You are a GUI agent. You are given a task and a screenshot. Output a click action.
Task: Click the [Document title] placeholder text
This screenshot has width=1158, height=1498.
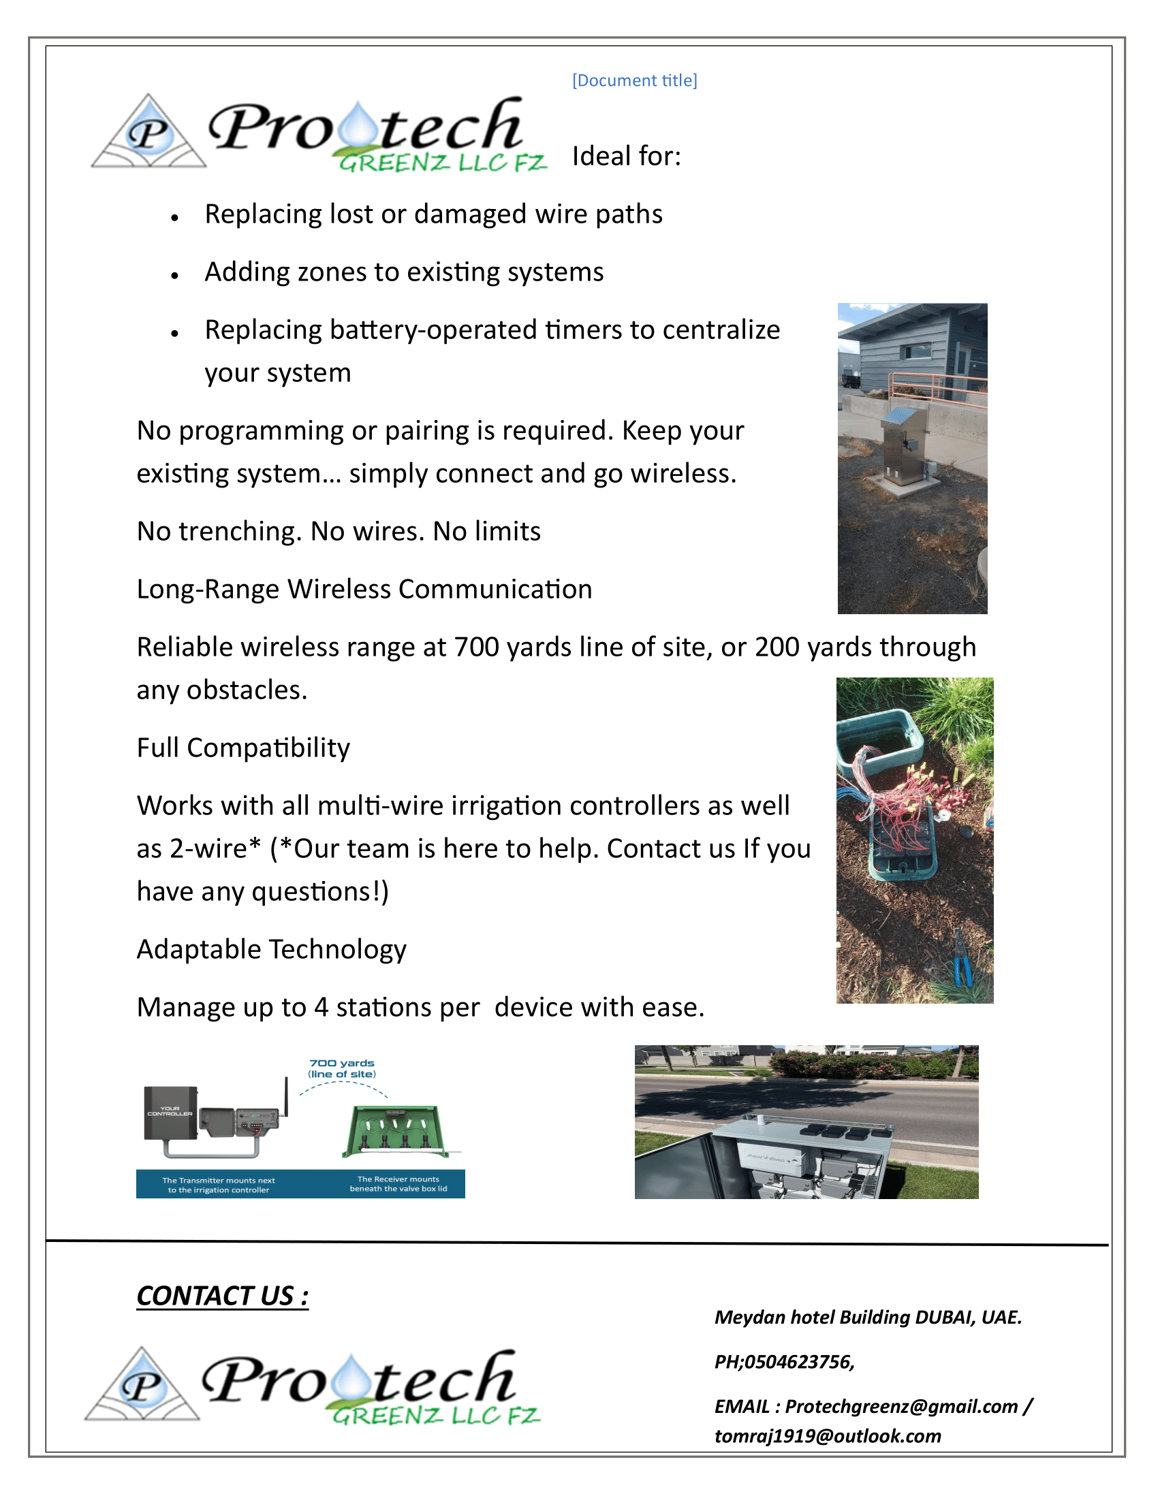(635, 80)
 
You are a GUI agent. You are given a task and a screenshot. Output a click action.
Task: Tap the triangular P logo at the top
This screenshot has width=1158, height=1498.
(148, 133)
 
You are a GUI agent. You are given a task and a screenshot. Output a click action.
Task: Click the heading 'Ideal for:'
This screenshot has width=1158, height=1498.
(626, 157)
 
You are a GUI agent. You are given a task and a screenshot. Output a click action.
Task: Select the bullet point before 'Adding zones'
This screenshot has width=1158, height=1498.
(175, 276)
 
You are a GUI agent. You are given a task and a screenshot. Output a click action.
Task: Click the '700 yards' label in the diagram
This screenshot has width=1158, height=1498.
(342, 1063)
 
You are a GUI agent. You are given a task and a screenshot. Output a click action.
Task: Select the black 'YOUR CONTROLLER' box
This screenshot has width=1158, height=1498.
(170, 1112)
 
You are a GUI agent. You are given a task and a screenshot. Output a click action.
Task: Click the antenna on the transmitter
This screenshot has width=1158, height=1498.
(285, 1096)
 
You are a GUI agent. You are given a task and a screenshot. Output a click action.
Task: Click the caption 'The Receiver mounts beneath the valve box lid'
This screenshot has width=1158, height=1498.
(398, 1184)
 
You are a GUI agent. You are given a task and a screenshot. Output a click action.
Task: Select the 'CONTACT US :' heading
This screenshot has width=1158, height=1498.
(222, 1296)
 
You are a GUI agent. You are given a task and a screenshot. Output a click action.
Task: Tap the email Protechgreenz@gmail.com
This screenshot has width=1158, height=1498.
(901, 1407)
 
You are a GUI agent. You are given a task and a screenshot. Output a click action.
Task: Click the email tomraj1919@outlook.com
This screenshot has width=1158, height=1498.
(828, 1436)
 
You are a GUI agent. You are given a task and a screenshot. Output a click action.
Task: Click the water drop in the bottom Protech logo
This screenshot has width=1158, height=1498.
(352, 1377)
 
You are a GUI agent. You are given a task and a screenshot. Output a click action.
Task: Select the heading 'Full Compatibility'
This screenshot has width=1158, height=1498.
(243, 748)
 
